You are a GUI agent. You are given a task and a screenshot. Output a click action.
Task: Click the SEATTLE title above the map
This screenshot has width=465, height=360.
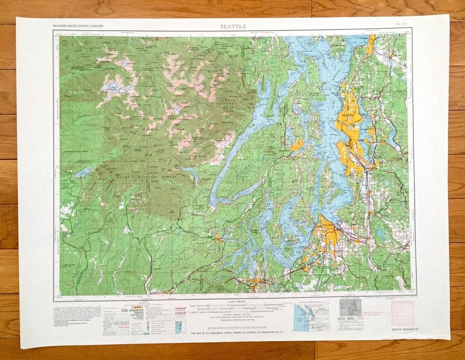click(x=233, y=26)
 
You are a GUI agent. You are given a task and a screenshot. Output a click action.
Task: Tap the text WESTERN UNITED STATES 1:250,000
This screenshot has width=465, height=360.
click(x=78, y=26)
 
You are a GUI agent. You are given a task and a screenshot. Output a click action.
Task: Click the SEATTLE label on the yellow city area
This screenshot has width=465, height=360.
click(x=348, y=116)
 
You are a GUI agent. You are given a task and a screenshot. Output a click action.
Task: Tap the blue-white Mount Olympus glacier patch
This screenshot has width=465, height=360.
click(x=113, y=88)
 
